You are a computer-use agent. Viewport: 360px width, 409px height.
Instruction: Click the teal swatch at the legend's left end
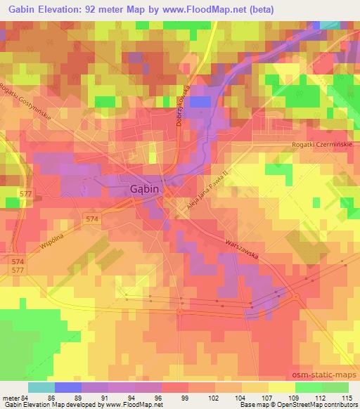[x=41, y=387]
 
